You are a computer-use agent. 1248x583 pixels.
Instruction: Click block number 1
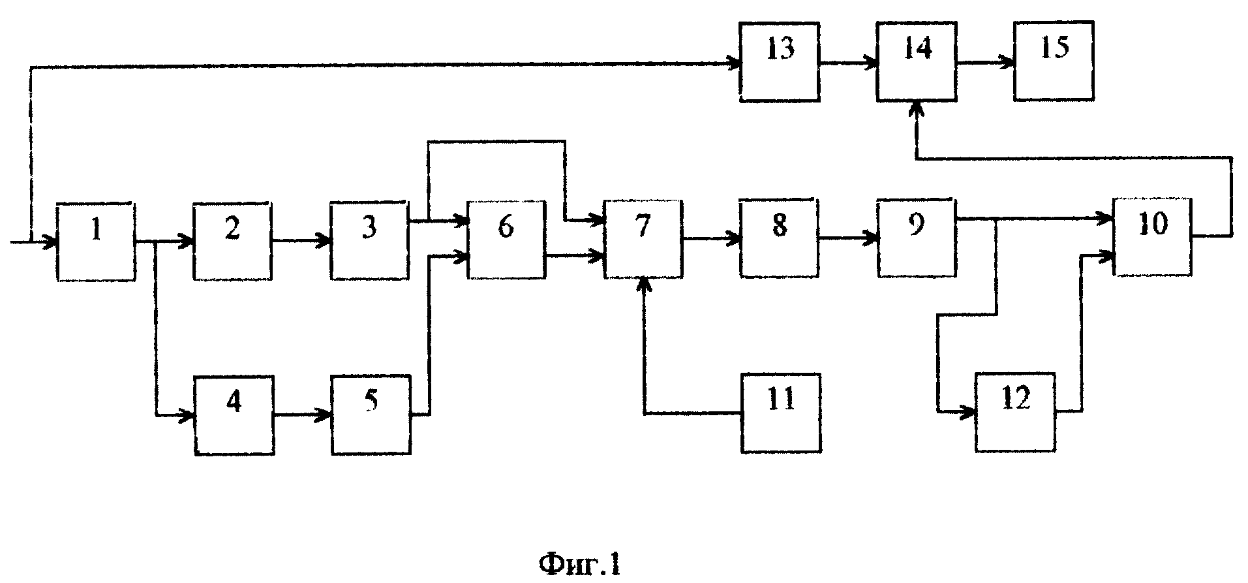[x=97, y=242]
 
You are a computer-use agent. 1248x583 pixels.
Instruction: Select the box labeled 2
[x=233, y=241]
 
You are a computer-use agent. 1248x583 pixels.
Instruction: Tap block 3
[x=370, y=241]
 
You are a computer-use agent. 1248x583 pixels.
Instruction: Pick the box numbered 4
[x=234, y=415]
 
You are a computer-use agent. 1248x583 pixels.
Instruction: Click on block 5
[x=371, y=415]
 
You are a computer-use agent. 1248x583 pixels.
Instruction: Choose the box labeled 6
[x=506, y=240]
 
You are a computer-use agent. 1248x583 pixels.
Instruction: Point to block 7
[x=643, y=240]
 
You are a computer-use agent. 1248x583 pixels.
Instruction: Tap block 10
[x=1153, y=237]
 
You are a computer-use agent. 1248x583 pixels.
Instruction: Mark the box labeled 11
[x=781, y=413]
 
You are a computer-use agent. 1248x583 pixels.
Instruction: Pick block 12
[x=1016, y=412]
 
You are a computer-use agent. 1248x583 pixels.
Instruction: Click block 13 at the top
[x=780, y=62]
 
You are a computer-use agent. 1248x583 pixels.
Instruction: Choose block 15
[x=1054, y=61]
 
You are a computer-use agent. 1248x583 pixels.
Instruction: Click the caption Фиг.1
[x=579, y=563]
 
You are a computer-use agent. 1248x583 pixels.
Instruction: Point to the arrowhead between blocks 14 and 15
[x=1009, y=63]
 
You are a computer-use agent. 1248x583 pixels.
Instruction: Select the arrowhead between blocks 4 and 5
[x=326, y=415]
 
